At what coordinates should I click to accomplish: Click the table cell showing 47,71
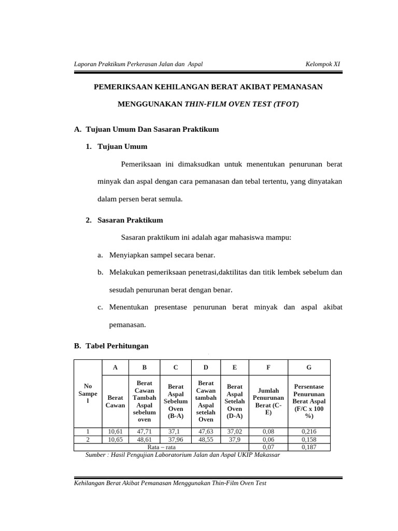coord(145,431)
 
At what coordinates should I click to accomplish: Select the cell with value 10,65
coord(116,439)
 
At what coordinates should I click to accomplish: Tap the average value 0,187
coord(309,447)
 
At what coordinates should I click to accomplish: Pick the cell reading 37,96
coord(176,439)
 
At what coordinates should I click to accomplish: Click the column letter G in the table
coord(309,367)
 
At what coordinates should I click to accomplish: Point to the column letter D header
coord(206,367)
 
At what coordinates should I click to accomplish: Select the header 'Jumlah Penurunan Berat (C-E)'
coord(268,401)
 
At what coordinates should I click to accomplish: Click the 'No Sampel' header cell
coord(88,394)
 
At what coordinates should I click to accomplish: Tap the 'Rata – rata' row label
coord(161,447)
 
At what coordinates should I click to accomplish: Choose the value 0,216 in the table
coord(309,431)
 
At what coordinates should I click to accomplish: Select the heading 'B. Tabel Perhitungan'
coord(111,346)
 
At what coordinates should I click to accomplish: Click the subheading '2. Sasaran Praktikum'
coord(124,220)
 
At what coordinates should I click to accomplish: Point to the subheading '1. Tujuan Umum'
coord(117,147)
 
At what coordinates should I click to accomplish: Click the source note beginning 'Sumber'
coord(183,455)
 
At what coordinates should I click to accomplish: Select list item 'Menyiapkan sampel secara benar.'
coord(162,255)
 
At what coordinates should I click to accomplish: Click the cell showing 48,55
coord(206,439)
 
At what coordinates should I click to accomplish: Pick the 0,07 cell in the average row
coord(268,447)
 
